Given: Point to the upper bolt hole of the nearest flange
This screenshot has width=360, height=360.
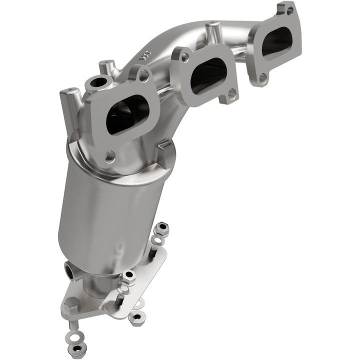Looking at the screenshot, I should pos(144,75).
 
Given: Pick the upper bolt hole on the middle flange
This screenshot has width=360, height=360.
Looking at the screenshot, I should pos(185,58).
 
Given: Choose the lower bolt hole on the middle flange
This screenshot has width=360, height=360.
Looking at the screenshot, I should pos(231,93).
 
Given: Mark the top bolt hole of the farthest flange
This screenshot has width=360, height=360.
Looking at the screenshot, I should pos(289,8).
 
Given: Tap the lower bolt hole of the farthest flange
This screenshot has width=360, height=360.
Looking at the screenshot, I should pos(262,77).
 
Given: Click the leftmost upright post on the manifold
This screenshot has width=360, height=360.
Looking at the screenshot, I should pos(69,102).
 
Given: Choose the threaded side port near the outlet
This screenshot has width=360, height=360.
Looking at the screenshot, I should pos(69,270).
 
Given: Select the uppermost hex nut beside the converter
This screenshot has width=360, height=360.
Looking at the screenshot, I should pos(161,229).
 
